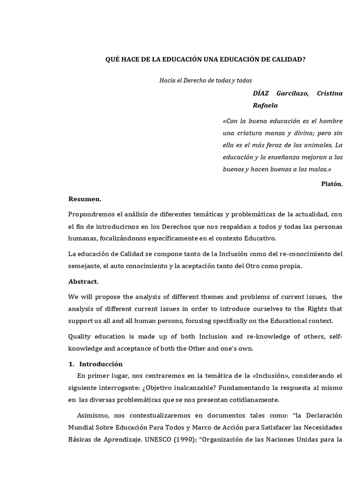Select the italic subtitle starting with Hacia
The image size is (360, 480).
[206, 80]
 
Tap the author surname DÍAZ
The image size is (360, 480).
[261, 93]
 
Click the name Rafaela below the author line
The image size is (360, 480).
[265, 105]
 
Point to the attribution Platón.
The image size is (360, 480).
[332, 184]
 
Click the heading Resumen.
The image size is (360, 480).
[85, 199]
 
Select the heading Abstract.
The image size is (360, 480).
[83, 282]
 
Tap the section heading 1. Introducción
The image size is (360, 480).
[96, 364]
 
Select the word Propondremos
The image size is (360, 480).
[90, 215]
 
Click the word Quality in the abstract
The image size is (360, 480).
[80, 337]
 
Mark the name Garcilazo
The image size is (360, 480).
[292, 93]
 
